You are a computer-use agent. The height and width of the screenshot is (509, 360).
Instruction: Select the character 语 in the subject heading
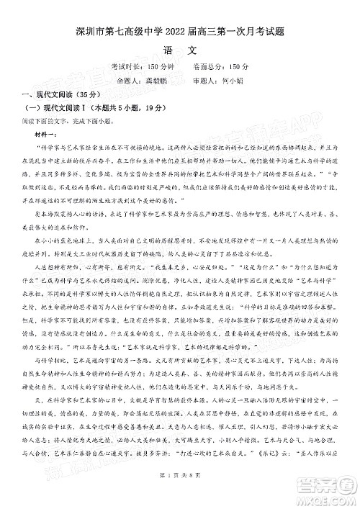click(167, 50)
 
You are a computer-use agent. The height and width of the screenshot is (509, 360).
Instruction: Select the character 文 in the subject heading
click(192, 50)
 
